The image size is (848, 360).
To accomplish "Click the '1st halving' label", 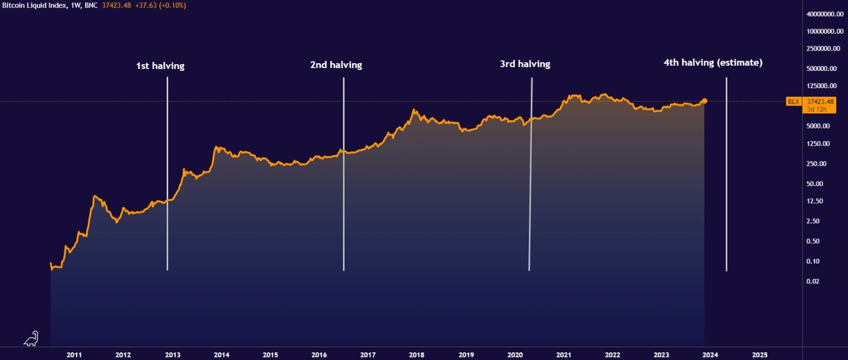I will pos(160,66).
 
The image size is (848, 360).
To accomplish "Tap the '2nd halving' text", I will pos(336,65).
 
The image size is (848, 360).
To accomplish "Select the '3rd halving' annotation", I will pos(525,64).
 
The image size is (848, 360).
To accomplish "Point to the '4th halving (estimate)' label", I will pos(712,63).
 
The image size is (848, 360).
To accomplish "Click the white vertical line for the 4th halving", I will pos(726,173).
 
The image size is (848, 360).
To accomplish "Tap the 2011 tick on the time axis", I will pos(74,355).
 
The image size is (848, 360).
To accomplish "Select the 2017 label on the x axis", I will pos(367,355).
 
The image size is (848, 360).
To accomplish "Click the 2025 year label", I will pos(759,355).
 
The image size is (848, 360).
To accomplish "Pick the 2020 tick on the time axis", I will pos(515,355).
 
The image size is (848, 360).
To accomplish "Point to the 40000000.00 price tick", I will pos(825,14).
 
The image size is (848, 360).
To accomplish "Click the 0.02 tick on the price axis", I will pos(813,281).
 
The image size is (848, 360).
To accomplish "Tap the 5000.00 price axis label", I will pos(818,126).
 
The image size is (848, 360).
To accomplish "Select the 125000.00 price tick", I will pos(821,86).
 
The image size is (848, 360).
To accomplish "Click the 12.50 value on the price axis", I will pos(815,201).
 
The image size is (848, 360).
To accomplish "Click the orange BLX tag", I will pos(793,101).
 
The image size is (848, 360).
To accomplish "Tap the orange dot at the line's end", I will pos(704,101).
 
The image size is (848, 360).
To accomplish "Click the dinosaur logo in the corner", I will pos(31,339).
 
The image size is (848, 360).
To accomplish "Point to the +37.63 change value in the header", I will pos(146,6).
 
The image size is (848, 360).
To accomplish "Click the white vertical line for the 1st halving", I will pos(167,173).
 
